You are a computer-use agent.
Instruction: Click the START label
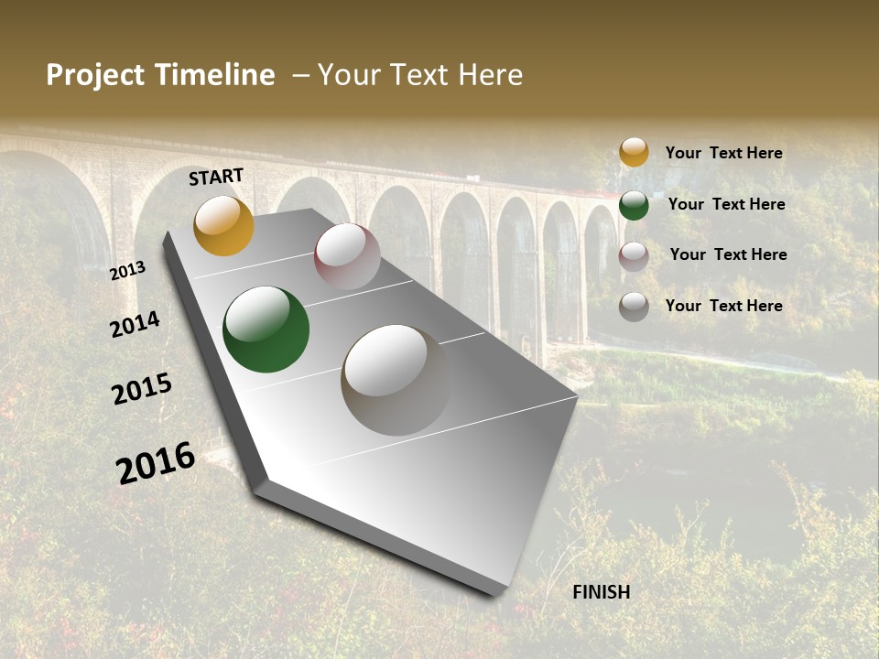(216, 177)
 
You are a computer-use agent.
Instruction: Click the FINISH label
(601, 592)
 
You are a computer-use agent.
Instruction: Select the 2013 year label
(127, 271)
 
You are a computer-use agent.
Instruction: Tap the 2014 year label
(135, 325)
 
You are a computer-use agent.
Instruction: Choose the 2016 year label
(156, 463)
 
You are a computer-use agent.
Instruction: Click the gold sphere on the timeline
(223, 225)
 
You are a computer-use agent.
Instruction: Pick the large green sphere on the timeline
(266, 329)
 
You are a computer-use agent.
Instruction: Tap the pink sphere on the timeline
(347, 256)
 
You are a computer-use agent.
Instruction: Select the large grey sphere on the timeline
(396, 379)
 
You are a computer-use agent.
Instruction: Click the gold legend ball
(634, 152)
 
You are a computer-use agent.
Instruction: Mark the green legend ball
(634, 205)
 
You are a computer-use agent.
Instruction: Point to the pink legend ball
(634, 256)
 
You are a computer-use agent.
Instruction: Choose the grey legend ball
(634, 307)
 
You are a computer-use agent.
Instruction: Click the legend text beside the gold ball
(723, 153)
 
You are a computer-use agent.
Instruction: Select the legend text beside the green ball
(726, 204)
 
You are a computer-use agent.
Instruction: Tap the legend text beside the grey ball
(723, 306)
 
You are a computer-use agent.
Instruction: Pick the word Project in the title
(95, 75)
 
